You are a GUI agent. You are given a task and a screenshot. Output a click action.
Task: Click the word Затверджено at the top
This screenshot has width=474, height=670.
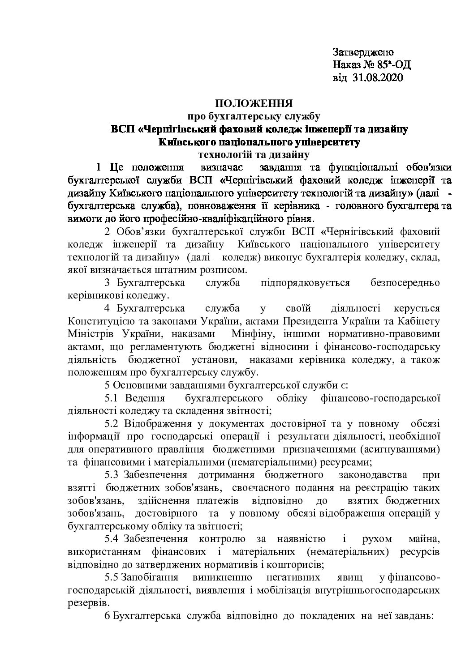click(362, 52)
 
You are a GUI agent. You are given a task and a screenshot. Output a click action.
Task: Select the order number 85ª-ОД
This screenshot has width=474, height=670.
click(394, 65)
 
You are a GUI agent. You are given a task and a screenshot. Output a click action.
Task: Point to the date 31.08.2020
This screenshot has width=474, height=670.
click(378, 78)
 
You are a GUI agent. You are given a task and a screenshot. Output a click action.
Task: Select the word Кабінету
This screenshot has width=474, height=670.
click(419, 321)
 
